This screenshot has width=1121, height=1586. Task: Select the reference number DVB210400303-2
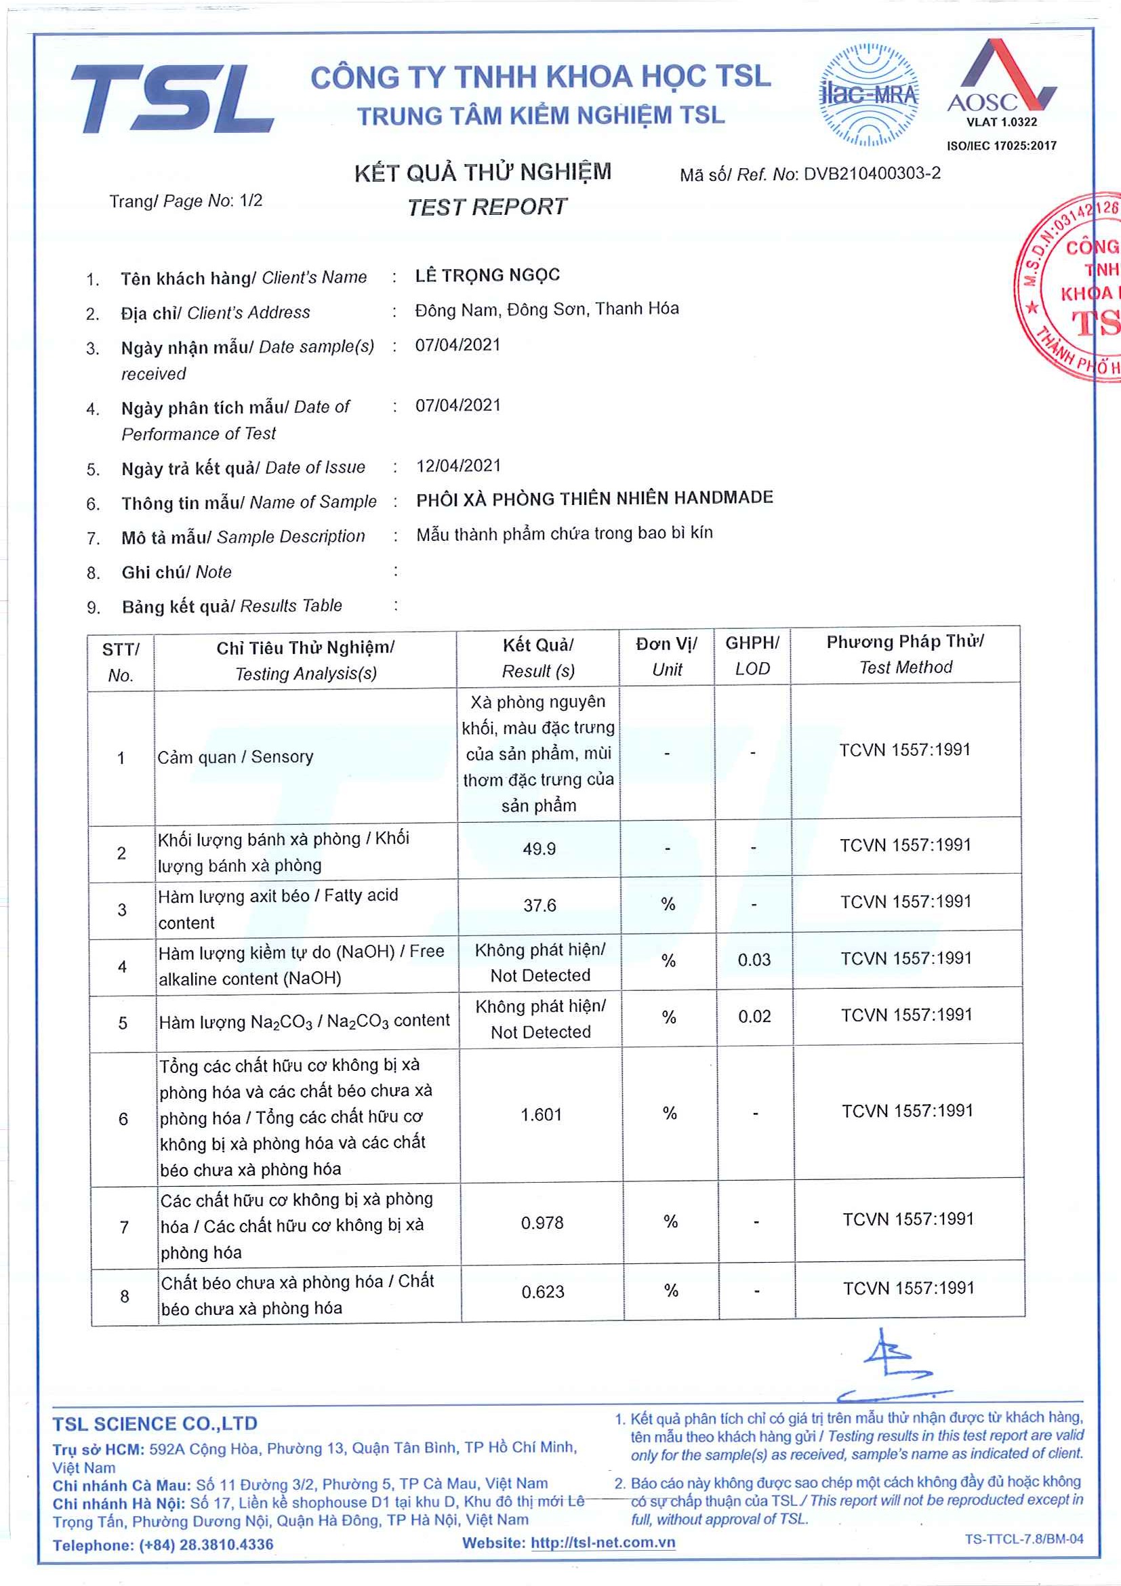[872, 174]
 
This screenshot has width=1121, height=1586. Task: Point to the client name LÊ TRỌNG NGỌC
[487, 275]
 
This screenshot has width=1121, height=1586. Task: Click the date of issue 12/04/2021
[458, 466]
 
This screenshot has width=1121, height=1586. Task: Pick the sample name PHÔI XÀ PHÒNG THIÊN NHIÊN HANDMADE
[594, 498]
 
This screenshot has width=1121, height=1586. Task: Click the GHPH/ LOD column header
[752, 655]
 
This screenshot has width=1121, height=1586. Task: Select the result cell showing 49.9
[539, 849]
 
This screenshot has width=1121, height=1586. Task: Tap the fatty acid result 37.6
[539, 906]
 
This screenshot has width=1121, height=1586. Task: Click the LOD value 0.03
[754, 960]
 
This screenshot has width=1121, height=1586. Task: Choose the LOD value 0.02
[754, 1017]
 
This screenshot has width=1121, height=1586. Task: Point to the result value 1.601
[541, 1115]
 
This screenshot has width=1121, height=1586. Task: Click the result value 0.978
[542, 1223]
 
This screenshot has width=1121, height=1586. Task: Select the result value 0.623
[543, 1293]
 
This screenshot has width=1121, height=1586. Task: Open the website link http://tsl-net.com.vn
[603, 1543]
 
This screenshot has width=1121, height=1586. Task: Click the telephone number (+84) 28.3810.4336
[206, 1545]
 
